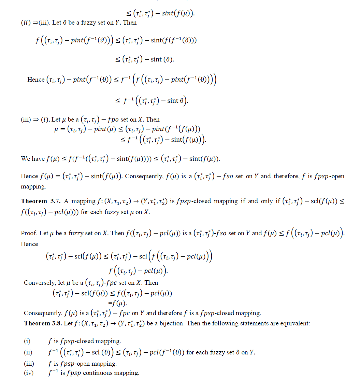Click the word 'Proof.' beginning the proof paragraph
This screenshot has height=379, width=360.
(x=29, y=234)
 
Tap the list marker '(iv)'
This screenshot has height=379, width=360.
(x=29, y=373)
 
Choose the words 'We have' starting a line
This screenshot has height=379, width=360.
(x=30, y=159)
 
